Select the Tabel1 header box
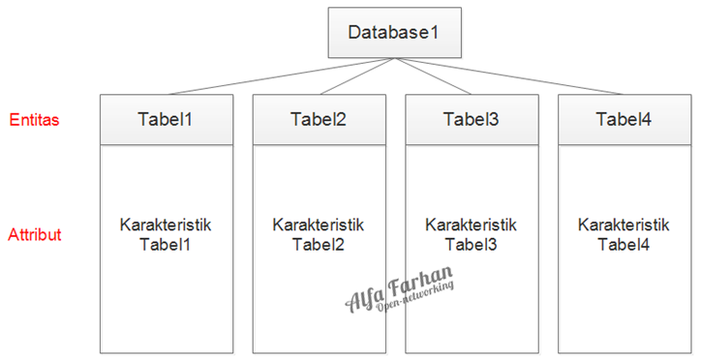[x=166, y=120]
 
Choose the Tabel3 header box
[x=471, y=120]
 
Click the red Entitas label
[x=34, y=120]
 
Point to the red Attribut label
[x=35, y=235]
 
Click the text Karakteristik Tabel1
[x=166, y=234]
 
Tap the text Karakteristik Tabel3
[x=471, y=233]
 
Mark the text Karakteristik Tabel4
[x=624, y=233]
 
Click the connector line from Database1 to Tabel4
[x=508, y=76]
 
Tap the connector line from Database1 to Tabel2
[x=354, y=76]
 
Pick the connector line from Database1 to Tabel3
[x=432, y=76]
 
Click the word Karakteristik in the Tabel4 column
[x=624, y=225]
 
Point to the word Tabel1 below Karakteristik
[x=166, y=243]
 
